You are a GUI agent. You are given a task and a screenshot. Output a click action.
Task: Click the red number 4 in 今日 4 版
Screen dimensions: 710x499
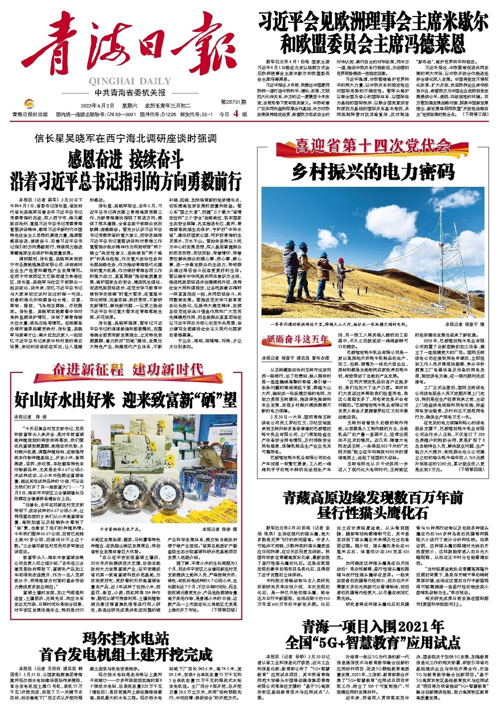233,113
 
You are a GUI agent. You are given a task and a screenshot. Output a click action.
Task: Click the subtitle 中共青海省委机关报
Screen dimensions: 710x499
126,92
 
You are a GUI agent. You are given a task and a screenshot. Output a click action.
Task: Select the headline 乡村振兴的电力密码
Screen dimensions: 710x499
373,172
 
